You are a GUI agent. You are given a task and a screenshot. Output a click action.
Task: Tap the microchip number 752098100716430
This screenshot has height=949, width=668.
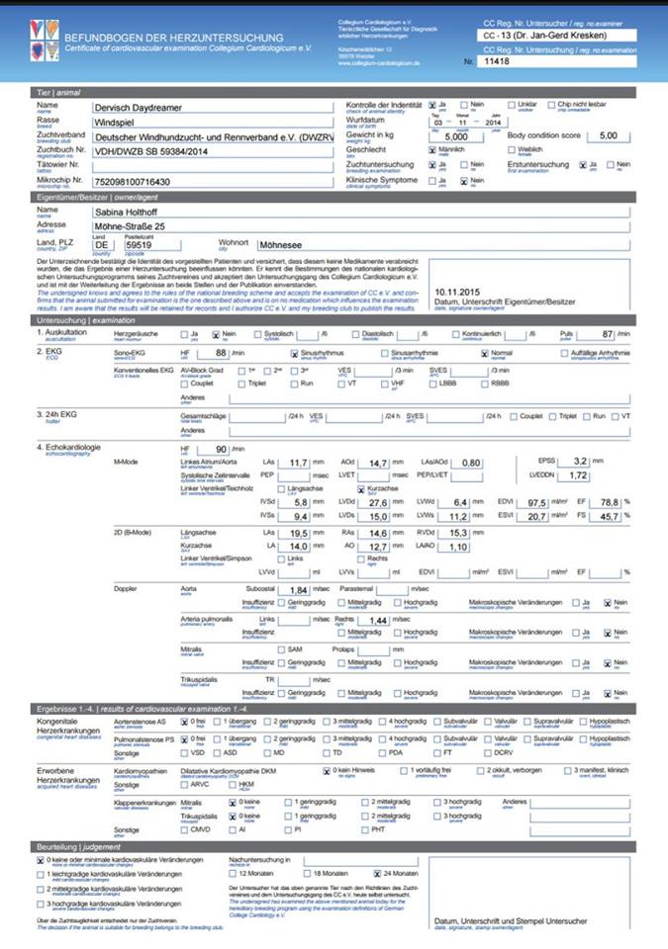(139, 183)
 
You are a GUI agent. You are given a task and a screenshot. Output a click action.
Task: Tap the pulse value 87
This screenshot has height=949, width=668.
(609, 334)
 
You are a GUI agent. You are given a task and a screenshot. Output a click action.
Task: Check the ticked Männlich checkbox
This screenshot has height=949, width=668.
(432, 148)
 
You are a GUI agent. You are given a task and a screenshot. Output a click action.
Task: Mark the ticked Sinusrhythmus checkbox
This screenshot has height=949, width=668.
(294, 351)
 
